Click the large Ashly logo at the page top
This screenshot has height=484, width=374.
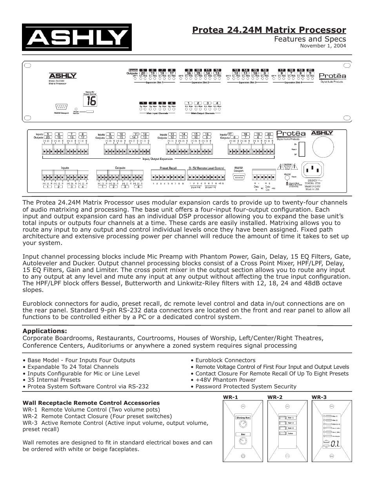[76, 38]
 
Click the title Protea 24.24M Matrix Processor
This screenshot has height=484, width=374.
[269, 30]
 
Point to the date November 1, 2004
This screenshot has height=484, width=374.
[323, 45]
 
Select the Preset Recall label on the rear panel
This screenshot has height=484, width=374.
[168, 168]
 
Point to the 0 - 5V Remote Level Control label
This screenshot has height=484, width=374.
[206, 168]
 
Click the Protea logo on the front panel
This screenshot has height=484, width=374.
[332, 76]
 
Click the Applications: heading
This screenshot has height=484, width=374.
[45, 331]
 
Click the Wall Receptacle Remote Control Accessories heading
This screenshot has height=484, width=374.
[91, 403]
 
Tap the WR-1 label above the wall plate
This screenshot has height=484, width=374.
[231, 397]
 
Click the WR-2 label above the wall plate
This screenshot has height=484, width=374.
[275, 397]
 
